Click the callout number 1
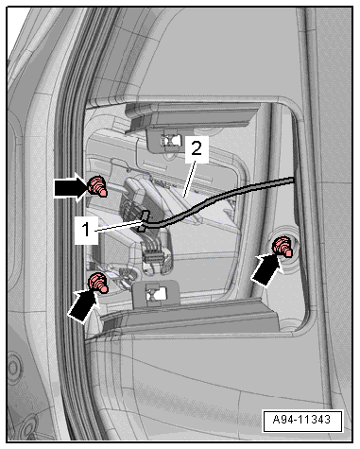pyautogui.click(x=86, y=230)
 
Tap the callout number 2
pyautogui.click(x=197, y=148)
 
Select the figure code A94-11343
pyautogui.click(x=301, y=420)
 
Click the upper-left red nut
pyautogui.click(x=97, y=186)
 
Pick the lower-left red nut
pyautogui.click(x=98, y=283)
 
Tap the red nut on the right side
pyautogui.click(x=283, y=247)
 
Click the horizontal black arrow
pyautogui.click(x=71, y=188)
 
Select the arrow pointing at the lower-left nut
pyautogui.click(x=82, y=305)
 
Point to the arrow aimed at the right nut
pyautogui.click(x=266, y=270)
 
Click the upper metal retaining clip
pyautogui.click(x=170, y=140)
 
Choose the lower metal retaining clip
pyautogui.click(x=155, y=293)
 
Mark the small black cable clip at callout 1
pyautogui.click(x=145, y=220)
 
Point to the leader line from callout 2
pyautogui.click(x=189, y=179)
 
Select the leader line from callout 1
pyautogui.click(x=118, y=227)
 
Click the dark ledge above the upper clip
pyautogui.click(x=192, y=119)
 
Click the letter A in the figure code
pyautogui.click(x=276, y=420)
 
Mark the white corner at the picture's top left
pyautogui.click(x=16, y=22)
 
